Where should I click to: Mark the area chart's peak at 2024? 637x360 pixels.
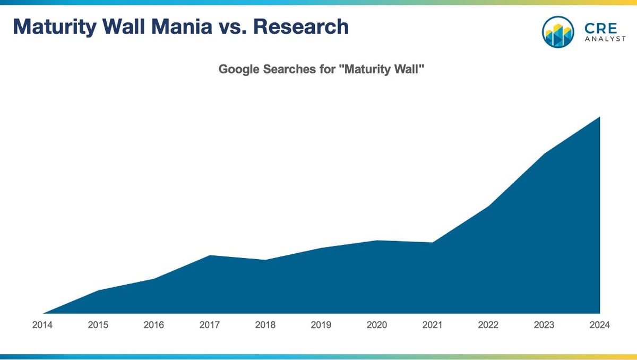click(599, 117)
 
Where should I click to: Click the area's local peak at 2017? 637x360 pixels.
click(210, 255)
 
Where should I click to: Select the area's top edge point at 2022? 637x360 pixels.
click(488, 206)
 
